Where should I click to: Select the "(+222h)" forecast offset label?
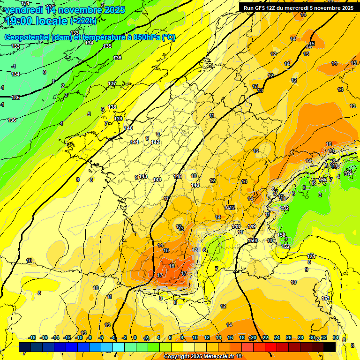pos(83,21)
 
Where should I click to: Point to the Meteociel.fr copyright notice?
pos(199,357)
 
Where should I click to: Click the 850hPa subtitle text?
pos(89,37)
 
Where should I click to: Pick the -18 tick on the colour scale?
pos(32,338)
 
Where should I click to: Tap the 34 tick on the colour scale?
pos(336,338)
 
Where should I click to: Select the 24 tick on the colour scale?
pos(277,338)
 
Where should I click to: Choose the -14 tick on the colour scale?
pos(56,338)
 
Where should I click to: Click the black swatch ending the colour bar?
pos(330,347)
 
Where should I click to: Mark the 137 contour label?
pos(112,83)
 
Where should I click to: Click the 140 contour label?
pos(128,128)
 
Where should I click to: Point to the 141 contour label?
pos(135,142)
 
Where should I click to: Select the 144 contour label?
pos(157,180)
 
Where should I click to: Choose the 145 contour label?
pos(178,176)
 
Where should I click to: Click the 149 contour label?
pos(252,226)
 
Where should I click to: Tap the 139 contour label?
pos(119,119)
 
